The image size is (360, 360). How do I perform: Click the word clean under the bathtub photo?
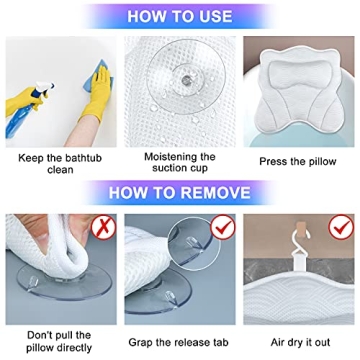[59, 170]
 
